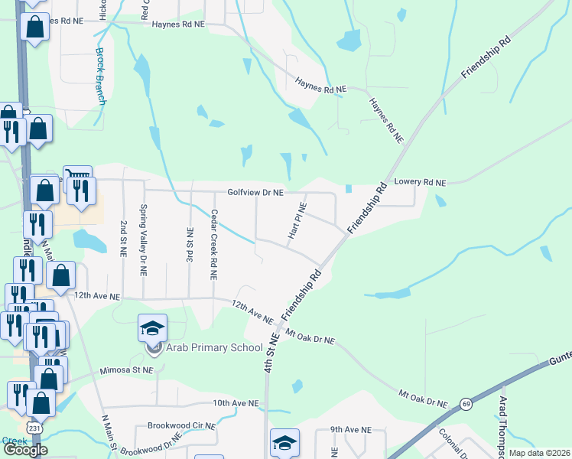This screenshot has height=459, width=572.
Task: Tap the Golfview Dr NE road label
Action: [x=255, y=193]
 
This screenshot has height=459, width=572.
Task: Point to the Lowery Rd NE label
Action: [x=420, y=183]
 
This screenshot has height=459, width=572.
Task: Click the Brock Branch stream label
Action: [x=100, y=76]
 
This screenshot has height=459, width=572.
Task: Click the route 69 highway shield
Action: [x=465, y=403]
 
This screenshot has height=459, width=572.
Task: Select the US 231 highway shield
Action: [x=34, y=427]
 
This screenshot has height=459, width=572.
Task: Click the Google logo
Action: [x=24, y=450]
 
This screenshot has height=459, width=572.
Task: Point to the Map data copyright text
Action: [x=540, y=453]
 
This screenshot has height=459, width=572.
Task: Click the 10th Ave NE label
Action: [x=236, y=402]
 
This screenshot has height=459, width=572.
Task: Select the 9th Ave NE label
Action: [x=350, y=431]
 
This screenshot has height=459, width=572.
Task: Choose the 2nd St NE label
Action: [x=123, y=238]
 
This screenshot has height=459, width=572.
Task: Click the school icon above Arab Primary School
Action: [x=153, y=327]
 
